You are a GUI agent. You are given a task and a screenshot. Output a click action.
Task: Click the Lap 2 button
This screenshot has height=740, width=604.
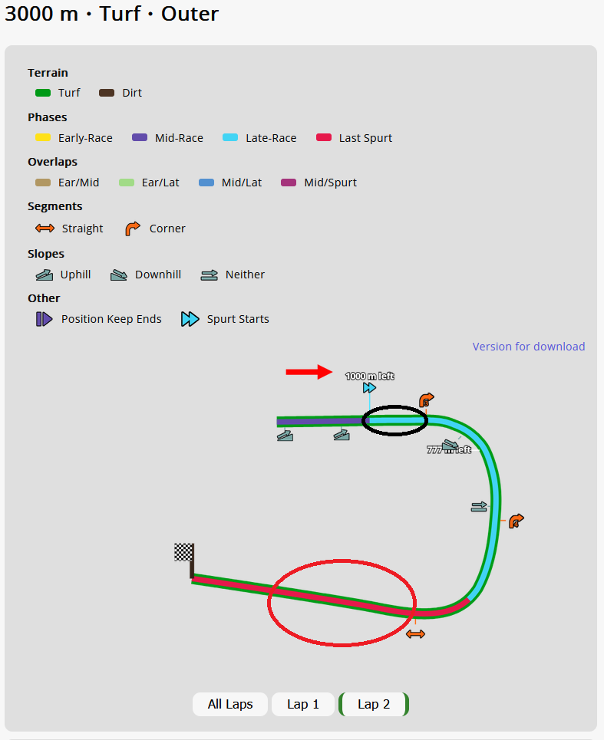coord(374,704)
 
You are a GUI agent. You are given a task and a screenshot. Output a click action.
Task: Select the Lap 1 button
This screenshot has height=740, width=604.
coord(303,704)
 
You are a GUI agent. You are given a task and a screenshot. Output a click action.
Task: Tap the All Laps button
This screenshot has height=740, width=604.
coord(229,704)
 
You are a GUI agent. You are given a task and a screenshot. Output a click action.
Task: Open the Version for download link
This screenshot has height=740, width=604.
coord(529,347)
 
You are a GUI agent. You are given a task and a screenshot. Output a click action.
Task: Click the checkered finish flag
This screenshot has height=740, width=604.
coord(183,552)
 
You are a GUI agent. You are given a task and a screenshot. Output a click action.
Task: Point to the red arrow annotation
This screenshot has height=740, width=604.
coord(309,372)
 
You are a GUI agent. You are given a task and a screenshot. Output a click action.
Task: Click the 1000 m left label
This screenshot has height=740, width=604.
coord(369,376)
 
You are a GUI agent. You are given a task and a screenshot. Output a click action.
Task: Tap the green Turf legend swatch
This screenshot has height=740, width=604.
coord(43,93)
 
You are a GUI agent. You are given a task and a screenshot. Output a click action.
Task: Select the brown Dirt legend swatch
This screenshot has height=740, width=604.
coord(107,93)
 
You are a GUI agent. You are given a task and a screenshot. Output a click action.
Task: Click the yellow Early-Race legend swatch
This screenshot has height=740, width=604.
coord(43,138)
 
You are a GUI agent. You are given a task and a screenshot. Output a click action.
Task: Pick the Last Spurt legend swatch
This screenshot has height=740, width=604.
coord(324,138)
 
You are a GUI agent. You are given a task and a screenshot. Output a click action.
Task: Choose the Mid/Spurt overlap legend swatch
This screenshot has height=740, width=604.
coord(289,183)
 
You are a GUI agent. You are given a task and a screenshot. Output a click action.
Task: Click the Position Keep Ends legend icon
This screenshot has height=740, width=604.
coord(44,319)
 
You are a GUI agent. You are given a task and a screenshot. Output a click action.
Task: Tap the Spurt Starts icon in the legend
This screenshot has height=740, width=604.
coord(190,319)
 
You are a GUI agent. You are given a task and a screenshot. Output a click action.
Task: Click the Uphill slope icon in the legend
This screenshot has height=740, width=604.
coord(44,275)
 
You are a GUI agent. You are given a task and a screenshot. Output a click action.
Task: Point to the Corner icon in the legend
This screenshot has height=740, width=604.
coord(133,229)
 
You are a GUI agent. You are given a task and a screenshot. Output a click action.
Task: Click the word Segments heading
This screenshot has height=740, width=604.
coord(55,206)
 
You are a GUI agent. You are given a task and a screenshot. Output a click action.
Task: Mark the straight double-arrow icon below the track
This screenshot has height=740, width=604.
coord(415,634)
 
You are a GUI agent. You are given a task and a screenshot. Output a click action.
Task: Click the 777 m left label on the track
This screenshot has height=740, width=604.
coord(449,449)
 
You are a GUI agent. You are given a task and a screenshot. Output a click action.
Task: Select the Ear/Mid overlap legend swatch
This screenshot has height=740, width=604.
coord(43,183)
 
